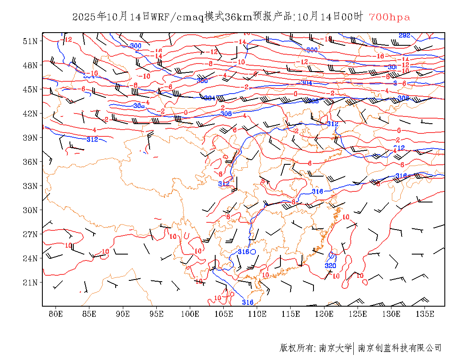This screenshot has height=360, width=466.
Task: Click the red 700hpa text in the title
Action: pos(389,17)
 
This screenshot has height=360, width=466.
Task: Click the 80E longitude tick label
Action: pos(56,314)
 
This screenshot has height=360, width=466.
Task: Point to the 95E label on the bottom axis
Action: pos(157,314)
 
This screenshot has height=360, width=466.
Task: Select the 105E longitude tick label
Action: pos(224,314)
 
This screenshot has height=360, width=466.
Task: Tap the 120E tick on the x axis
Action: pos(325,314)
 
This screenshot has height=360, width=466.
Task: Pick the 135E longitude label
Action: pos(425,314)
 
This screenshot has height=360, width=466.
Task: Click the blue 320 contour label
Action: pos(330,266)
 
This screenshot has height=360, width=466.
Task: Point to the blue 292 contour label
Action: pos(405,35)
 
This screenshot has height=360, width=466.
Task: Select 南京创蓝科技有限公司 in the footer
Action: pos(400,348)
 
